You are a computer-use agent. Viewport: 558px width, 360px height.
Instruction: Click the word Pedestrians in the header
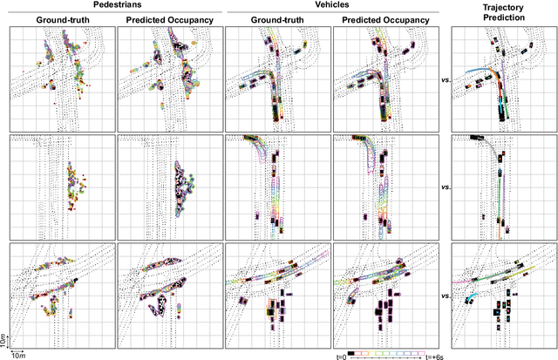pos(116,5)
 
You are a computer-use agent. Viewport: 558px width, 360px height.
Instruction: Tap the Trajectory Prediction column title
pos(502,11)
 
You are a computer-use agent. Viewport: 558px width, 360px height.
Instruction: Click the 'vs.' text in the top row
pos(445,79)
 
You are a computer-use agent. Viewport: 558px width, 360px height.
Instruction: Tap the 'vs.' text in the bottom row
pos(445,295)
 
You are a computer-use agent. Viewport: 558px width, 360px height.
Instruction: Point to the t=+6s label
pos(432,357)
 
